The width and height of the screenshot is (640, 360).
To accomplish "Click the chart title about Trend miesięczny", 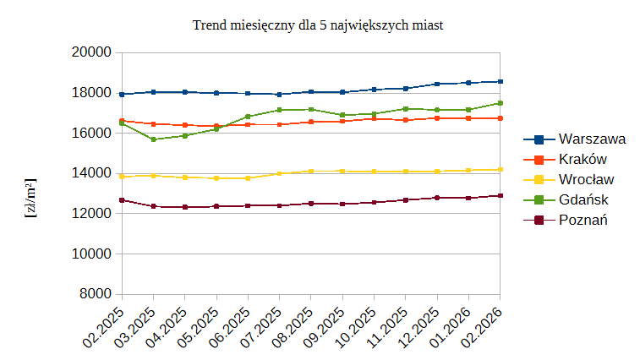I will pos(319,25).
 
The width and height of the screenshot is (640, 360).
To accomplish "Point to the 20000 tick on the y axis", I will pos(93,52).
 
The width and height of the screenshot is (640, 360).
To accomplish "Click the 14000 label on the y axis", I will pos(93,173).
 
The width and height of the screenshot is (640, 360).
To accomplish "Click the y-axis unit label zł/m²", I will pos(30,199).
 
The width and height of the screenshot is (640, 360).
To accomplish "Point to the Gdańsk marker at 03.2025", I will pos(153,139).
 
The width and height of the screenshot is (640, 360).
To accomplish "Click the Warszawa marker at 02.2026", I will pos(501,82).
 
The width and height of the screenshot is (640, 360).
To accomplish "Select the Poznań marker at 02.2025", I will pos(122,200).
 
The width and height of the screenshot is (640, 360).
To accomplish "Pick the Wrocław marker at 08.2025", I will pos(311,172).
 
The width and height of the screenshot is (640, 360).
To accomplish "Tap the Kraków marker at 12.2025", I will pos(437,118).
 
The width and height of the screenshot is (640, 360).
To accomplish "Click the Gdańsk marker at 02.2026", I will pos(501,103).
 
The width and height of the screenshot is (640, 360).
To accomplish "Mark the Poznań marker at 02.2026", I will pos(501,196).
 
